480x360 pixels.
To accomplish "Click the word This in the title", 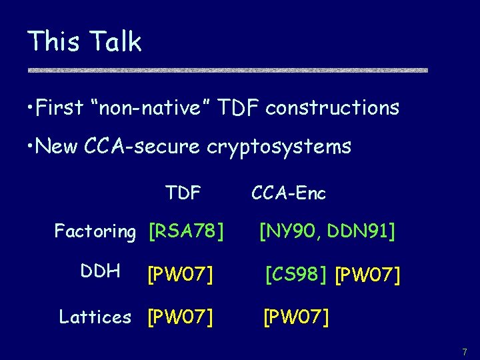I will click(x=53, y=41).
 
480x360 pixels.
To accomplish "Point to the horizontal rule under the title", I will click(x=227, y=69).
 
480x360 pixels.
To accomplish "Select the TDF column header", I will click(x=183, y=193).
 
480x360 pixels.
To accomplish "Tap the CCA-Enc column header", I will click(x=289, y=193).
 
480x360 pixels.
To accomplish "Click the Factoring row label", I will click(x=95, y=232).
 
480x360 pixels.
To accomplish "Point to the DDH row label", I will click(x=100, y=271).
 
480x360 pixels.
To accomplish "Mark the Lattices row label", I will click(x=95, y=317).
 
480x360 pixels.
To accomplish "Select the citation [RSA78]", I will click(x=185, y=232).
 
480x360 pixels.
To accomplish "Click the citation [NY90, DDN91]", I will click(x=327, y=232).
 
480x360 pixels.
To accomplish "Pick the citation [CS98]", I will click(x=295, y=273).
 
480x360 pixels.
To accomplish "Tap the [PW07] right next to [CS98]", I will click(x=367, y=274).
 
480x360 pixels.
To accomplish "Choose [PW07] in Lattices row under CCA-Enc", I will click(x=296, y=317).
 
